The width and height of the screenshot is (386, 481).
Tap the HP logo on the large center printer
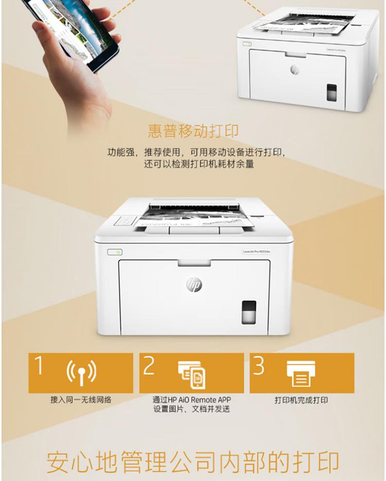coord(194,284)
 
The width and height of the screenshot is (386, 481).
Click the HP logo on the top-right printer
coord(295,69)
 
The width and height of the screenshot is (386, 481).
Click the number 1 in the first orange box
coord(38,365)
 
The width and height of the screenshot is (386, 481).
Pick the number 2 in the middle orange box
coord(149,365)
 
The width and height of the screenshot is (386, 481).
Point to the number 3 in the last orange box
coord(259,365)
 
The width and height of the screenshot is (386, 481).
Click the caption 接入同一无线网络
coord(81,400)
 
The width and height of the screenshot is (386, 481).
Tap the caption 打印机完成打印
coord(302,400)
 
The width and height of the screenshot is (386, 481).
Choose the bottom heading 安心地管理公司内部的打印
coord(193,462)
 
